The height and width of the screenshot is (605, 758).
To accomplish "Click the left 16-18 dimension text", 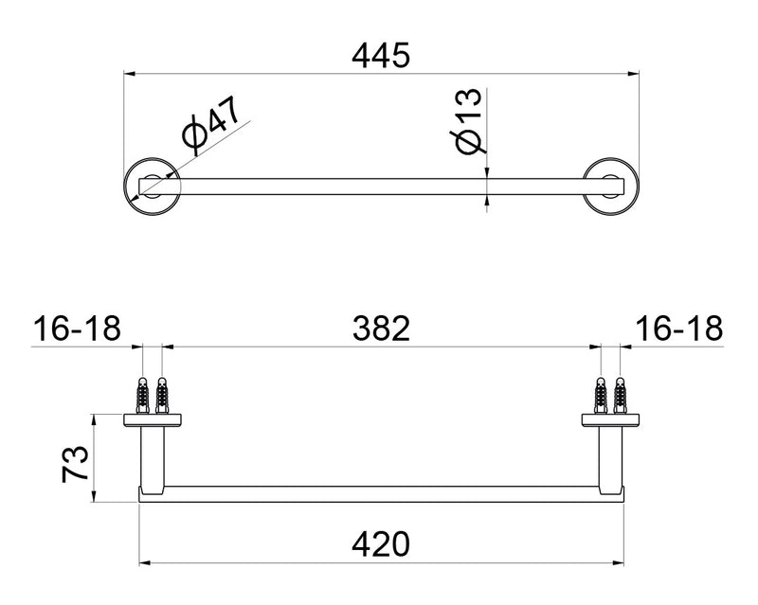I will (x=78, y=329).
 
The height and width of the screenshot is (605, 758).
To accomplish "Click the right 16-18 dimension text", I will (x=680, y=329).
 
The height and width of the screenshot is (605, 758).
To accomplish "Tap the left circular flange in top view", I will (x=151, y=185).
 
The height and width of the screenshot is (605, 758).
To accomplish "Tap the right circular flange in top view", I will (x=609, y=185).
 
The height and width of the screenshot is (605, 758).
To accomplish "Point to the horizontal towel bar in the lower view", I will (x=379, y=494).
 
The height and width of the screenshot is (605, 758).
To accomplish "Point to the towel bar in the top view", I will (x=379, y=185).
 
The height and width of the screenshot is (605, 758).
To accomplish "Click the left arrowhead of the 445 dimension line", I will (x=131, y=73).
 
